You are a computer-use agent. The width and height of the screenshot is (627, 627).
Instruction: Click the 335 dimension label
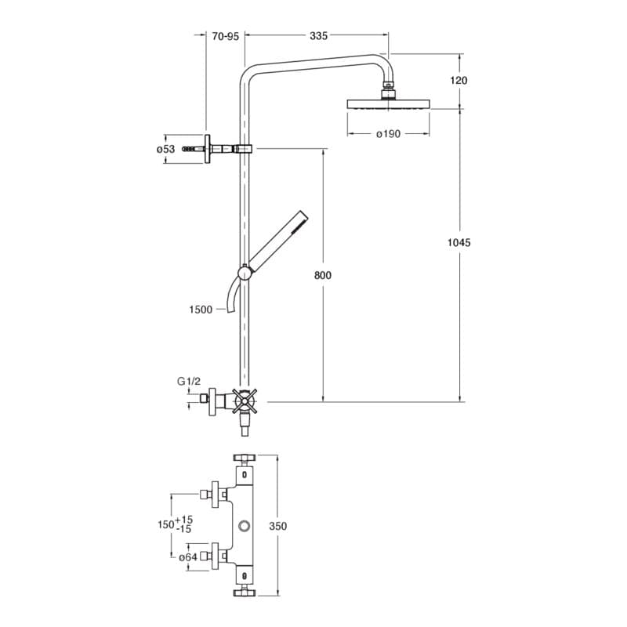pos(318,36)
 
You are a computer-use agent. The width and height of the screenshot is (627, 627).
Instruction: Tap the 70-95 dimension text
pos(225,36)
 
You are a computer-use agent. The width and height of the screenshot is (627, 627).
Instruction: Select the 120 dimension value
pos(460,81)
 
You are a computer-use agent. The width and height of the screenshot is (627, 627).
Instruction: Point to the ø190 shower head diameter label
pos(388,134)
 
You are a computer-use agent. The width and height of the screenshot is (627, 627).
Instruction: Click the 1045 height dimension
pos(459,243)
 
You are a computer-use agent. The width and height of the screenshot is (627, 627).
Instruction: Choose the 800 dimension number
pos(323,275)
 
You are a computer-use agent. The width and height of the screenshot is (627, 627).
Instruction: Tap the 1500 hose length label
pos(201,310)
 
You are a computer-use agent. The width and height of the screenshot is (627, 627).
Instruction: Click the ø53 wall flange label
pos(165,149)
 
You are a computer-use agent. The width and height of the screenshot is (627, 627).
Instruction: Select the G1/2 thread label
pos(188,382)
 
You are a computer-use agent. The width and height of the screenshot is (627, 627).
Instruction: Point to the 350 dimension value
pos(278,527)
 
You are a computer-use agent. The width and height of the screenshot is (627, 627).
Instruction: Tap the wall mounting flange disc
pos(208,149)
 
